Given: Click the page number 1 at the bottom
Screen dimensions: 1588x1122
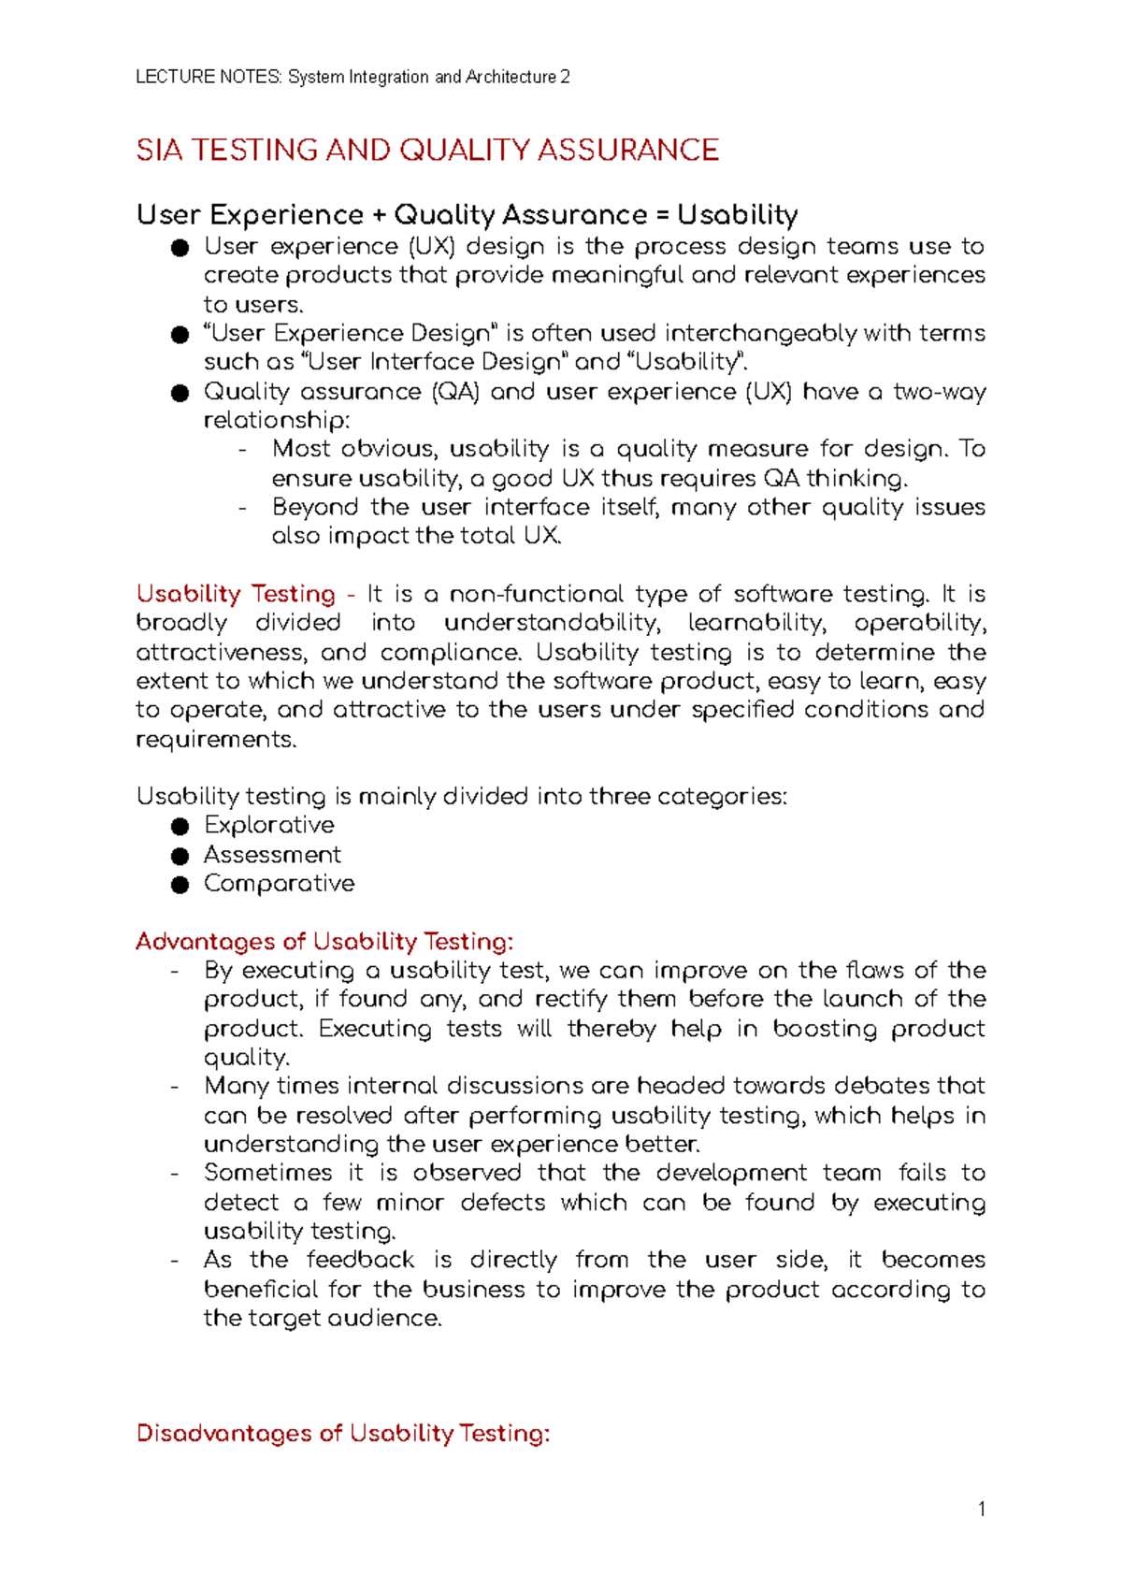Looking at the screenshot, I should point(981,1509).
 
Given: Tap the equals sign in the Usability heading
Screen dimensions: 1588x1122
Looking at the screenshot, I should point(662,215).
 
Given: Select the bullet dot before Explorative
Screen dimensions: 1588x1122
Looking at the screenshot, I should point(180,826).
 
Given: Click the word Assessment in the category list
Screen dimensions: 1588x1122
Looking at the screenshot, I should point(272,855).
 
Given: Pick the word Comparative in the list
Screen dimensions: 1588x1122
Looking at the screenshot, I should point(279,884).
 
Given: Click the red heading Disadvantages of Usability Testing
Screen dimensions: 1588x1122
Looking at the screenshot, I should point(343,1434).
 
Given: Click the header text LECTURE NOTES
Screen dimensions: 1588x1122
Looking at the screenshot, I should point(208,77).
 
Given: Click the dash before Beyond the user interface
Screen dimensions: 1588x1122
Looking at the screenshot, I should point(243,508).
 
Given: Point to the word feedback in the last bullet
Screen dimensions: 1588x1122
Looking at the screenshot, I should point(361,1260).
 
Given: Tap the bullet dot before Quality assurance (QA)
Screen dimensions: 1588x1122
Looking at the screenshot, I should point(180,393).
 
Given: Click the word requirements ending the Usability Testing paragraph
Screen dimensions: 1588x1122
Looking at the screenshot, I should point(215,740).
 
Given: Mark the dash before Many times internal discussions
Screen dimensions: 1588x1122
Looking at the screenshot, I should point(175,1087).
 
